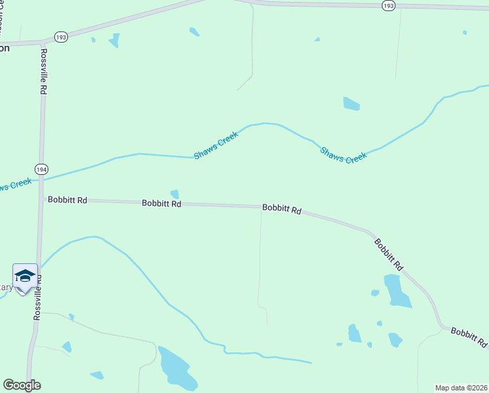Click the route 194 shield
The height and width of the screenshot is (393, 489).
(42, 169)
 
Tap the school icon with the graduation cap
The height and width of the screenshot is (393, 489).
(25, 276)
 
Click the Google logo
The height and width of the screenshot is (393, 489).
(22, 385)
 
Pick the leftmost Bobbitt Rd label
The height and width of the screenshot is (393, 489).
(67, 200)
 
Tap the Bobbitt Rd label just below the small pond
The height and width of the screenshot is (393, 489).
(161, 204)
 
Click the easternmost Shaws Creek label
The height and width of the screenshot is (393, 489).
(343, 155)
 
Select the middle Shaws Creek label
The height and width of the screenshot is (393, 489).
(216, 145)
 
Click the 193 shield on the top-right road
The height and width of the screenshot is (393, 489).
(388, 5)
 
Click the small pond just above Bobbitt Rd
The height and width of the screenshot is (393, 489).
(175, 194)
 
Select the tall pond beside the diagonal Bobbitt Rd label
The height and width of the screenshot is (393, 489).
(396, 291)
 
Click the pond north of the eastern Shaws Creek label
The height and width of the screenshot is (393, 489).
(351, 103)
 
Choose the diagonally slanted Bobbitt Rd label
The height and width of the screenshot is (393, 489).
(388, 254)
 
